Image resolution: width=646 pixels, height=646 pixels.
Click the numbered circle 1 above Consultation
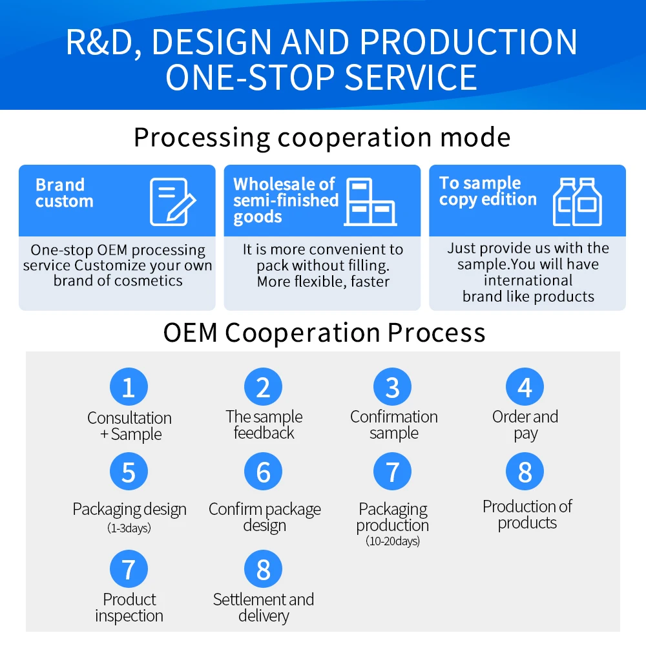tap(129, 387)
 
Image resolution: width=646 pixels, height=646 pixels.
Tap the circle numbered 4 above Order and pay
tap(525, 387)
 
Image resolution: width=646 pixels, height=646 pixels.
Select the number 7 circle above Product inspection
tap(129, 569)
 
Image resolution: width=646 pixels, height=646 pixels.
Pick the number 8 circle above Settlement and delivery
tap(264, 569)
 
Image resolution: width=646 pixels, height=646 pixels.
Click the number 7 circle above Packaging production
tap(392, 472)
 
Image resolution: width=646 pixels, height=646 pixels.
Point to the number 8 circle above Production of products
tap(525, 472)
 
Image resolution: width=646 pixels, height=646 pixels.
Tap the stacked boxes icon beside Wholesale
tap(370, 202)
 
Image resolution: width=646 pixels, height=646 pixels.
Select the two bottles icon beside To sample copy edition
tap(577, 202)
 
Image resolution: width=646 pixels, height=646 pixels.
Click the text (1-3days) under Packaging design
tap(129, 528)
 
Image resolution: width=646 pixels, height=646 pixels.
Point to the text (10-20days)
tap(393, 541)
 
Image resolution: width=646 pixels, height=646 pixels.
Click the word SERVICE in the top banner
tap(411, 78)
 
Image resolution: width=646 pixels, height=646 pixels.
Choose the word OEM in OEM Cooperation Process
tap(191, 333)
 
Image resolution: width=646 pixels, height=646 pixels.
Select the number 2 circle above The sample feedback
tap(264, 387)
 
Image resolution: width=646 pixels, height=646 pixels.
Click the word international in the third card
tap(528, 280)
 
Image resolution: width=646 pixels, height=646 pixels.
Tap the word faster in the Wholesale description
tap(370, 282)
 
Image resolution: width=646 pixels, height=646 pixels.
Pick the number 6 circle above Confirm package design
tap(264, 472)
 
